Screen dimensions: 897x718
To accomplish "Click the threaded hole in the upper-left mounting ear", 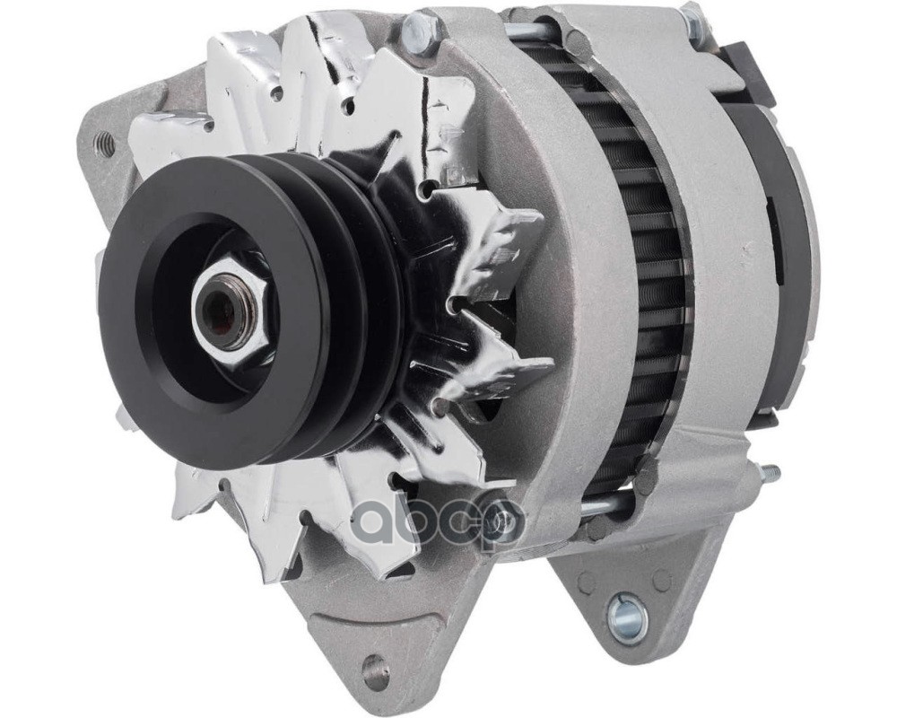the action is click(105, 140).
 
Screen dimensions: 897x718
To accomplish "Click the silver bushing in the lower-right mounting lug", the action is click(628, 613).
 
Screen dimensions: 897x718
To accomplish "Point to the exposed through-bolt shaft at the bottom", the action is click(605, 503).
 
